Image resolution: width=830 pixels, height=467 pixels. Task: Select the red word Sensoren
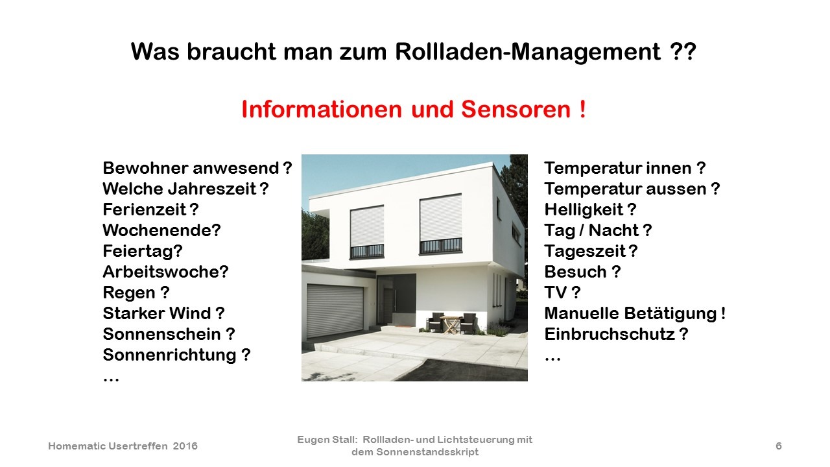pos(516,110)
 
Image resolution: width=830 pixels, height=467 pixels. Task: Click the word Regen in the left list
pos(129,293)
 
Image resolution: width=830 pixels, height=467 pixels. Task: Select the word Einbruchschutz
pos(610,334)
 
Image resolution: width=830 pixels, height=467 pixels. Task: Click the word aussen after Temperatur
pos(676,189)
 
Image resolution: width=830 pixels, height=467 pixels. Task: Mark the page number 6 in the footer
pos(779,446)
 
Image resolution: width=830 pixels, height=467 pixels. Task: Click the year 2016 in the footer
pos(185,446)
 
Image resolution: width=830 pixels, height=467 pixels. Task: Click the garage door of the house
pos(335,311)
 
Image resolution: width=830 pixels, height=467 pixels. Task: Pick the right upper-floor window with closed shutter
pos(440,224)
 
